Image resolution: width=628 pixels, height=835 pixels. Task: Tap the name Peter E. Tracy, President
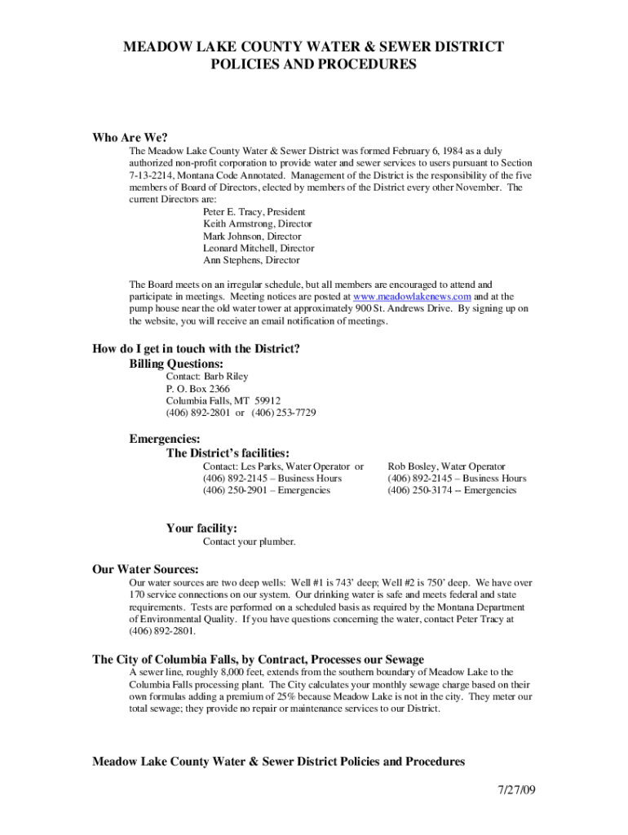(254, 211)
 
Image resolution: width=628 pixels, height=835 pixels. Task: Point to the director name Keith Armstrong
(238, 223)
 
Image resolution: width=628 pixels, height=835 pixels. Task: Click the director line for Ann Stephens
(251, 260)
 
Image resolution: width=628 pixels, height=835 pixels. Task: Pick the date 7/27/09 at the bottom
(516, 791)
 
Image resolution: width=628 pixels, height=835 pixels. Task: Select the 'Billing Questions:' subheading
(176, 363)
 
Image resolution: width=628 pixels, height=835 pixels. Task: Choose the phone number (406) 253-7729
(283, 413)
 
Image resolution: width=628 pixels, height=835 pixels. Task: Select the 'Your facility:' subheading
(201, 528)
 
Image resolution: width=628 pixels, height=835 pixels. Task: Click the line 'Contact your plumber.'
(249, 542)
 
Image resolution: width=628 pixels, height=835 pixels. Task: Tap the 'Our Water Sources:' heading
(145, 569)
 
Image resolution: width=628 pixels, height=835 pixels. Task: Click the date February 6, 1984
(402, 151)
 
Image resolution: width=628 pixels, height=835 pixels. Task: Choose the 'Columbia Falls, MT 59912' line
(223, 401)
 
